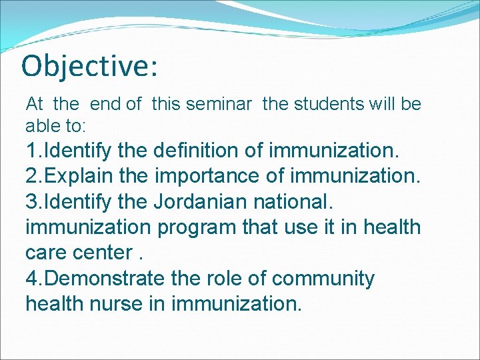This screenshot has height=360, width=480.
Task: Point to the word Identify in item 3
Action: (78, 201)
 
